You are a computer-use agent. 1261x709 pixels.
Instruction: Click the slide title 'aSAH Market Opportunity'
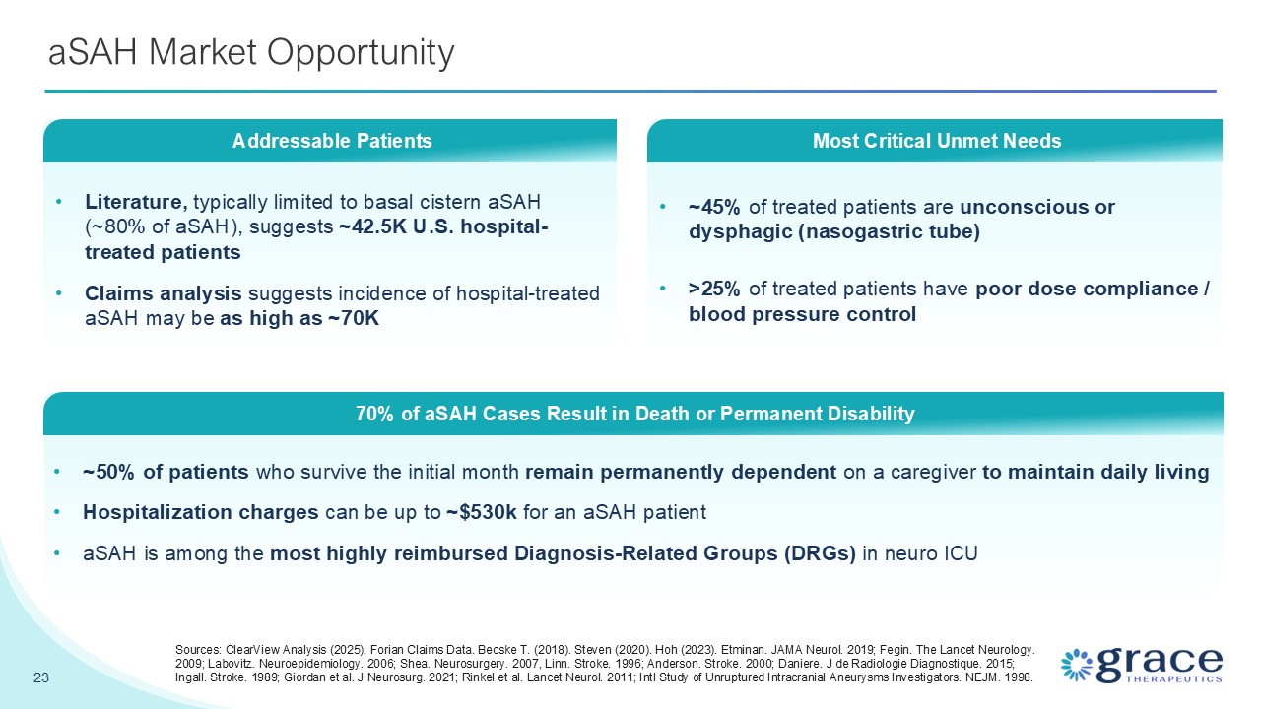(251, 53)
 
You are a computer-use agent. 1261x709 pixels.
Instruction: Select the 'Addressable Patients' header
(332, 141)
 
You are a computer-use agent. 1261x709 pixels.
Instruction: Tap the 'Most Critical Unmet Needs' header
(937, 141)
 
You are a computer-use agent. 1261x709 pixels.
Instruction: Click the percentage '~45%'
(714, 207)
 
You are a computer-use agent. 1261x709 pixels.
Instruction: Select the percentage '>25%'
(714, 289)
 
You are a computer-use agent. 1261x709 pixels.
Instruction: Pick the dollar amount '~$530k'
(482, 512)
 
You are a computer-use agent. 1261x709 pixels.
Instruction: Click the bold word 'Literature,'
(136, 202)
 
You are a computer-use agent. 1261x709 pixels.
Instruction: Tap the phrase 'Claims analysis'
(163, 293)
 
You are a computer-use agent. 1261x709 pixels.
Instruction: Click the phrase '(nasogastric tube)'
(889, 231)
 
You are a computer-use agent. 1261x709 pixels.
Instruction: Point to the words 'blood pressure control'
(802, 314)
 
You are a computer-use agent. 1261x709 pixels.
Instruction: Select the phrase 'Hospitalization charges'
(200, 512)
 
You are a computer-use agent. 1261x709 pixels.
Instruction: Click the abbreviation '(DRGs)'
(820, 553)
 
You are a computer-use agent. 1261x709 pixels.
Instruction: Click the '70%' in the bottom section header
(374, 414)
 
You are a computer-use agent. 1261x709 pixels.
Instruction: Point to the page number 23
(41, 677)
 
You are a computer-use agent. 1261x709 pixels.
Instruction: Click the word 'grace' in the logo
(1160, 664)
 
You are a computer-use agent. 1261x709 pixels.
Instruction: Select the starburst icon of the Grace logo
(1077, 665)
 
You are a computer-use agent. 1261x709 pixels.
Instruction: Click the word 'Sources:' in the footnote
(198, 650)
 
